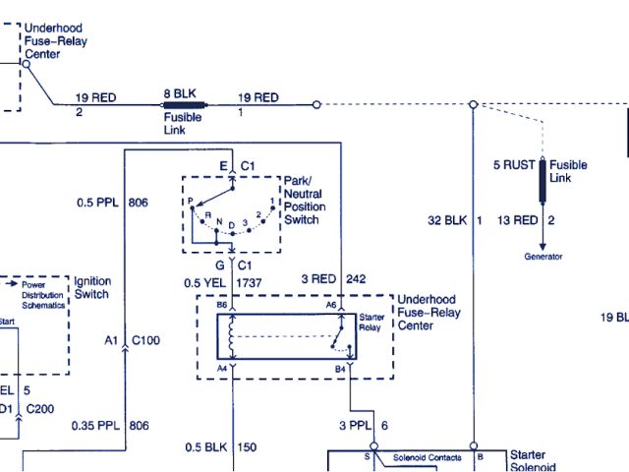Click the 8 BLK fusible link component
[x=185, y=104]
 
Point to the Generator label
[x=543, y=257]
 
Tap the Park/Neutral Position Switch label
[x=304, y=200]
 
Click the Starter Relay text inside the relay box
[x=372, y=322]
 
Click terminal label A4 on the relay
[x=222, y=369]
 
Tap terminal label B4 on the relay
[x=339, y=369]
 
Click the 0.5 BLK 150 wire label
[x=221, y=448]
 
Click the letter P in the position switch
[x=191, y=201]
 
